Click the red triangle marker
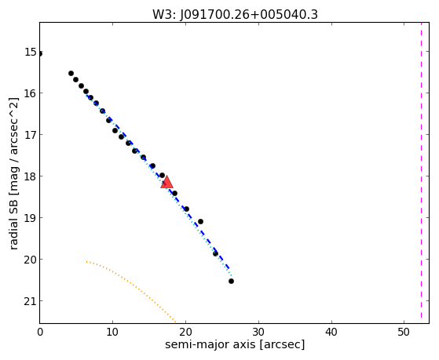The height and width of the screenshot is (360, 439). pos(166,182)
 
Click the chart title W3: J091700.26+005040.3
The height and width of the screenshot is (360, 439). pos(235,15)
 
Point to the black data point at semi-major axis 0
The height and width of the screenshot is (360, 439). pos(41,53)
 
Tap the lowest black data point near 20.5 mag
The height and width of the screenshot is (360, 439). pos(231,281)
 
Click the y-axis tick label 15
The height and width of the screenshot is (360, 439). pos(31,52)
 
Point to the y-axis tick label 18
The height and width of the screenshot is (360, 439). pos(31,176)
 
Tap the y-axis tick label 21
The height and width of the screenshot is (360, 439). pos(31,301)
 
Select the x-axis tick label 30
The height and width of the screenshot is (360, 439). pos(258,332)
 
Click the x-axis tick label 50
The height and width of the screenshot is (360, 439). pos(404,332)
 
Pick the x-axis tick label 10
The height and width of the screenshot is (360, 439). pos(112,332)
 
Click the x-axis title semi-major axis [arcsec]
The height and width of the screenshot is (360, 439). pos(235,344)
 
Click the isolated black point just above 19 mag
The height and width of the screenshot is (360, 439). pos(200,221)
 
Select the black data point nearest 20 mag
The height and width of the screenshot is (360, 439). pos(215,253)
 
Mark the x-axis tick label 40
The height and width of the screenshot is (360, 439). pos(331,332)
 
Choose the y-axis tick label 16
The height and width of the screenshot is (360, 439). pos(31,93)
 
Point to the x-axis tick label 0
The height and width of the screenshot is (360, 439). pos(40,332)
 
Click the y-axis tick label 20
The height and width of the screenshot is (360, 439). pos(31,260)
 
